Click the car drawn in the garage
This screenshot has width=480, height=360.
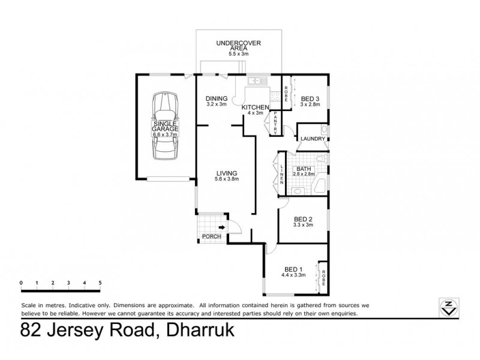(164, 126)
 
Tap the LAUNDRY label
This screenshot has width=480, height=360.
(312, 139)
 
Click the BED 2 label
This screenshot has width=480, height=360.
(302, 220)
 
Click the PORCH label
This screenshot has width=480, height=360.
(211, 236)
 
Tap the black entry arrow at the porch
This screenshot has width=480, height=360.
(221, 227)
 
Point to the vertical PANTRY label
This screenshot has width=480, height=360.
(274, 122)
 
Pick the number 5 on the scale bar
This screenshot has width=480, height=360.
(100, 282)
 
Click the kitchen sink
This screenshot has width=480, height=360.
(259, 80)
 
